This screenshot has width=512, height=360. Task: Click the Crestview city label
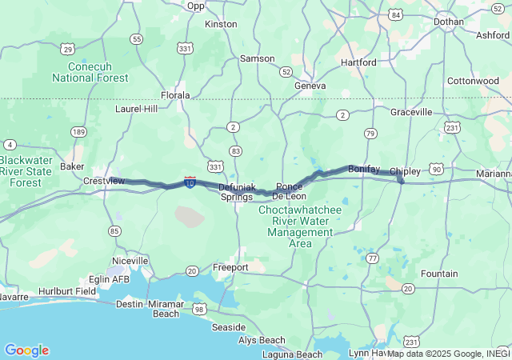pyautogui.click(x=104, y=181)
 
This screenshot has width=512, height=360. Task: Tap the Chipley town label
pyautogui.click(x=405, y=172)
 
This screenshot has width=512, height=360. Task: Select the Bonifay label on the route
pyautogui.click(x=364, y=169)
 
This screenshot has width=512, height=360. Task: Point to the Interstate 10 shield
pyautogui.click(x=190, y=182)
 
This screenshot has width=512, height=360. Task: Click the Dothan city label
pyautogui.click(x=448, y=22)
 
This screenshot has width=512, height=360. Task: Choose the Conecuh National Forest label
pyautogui.click(x=90, y=72)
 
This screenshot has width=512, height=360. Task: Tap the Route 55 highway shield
pyautogui.click(x=137, y=38)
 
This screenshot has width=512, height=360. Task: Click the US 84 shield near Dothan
pyautogui.click(x=395, y=14)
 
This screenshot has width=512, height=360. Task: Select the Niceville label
pyautogui.click(x=130, y=261)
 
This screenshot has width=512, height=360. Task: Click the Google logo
pyautogui.click(x=26, y=350)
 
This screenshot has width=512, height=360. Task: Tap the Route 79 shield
pyautogui.click(x=370, y=133)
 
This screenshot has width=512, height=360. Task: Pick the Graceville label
pyautogui.click(x=411, y=112)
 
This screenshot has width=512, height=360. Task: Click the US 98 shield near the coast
pyautogui.click(x=198, y=309)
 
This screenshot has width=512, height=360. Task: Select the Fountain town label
pyautogui.click(x=439, y=274)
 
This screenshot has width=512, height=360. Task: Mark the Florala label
pyautogui.click(x=175, y=95)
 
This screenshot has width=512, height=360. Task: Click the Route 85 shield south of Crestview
pyautogui.click(x=116, y=231)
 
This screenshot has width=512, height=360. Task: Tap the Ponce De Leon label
pyautogui.click(x=289, y=191)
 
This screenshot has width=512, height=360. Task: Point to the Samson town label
pyautogui.click(x=258, y=58)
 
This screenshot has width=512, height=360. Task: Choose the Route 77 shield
pyautogui.click(x=373, y=258)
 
